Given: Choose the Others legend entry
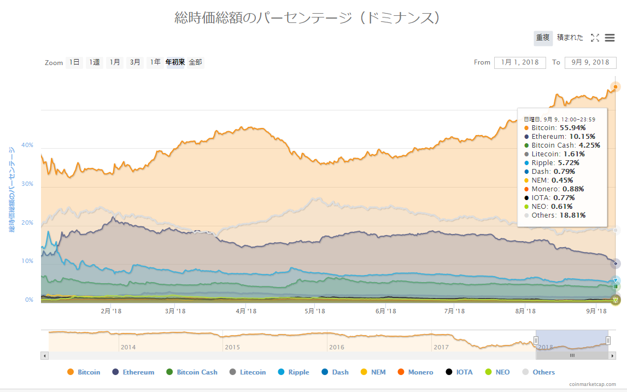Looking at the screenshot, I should pos(538,372).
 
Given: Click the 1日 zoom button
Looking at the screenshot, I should pos(74,62).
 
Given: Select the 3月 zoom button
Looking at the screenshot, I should pos(135,62).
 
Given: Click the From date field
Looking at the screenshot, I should pos(519,62).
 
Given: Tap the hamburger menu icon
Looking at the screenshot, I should pos(610,38).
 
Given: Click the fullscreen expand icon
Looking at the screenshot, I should pos(595,38).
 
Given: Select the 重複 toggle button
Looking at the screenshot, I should pos(542,38).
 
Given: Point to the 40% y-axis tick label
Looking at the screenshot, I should pos(27,145).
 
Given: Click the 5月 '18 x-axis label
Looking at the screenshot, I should pos(314,311).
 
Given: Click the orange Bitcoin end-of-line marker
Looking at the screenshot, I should pos(616,87).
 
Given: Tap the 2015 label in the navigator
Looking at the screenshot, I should pos(232,347).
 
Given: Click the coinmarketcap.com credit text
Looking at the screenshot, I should pos(592,384).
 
